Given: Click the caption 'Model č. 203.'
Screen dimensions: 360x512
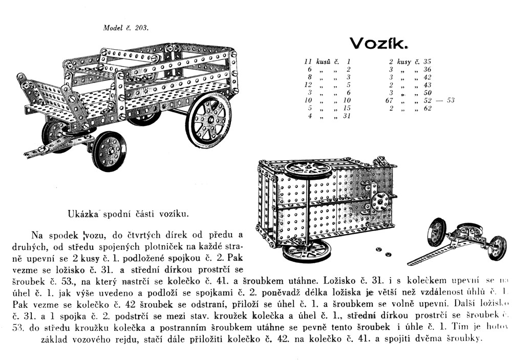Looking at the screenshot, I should [126, 28].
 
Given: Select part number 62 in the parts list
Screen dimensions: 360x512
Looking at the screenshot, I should [428, 108].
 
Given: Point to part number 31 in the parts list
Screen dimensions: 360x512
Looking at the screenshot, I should [347, 116].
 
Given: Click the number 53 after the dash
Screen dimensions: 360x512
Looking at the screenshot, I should [450, 100].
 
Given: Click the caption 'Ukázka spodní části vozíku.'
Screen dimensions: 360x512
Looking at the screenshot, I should [128, 214].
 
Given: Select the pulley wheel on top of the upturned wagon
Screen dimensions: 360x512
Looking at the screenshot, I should [309, 168].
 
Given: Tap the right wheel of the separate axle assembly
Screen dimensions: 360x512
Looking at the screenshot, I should [497, 247].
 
